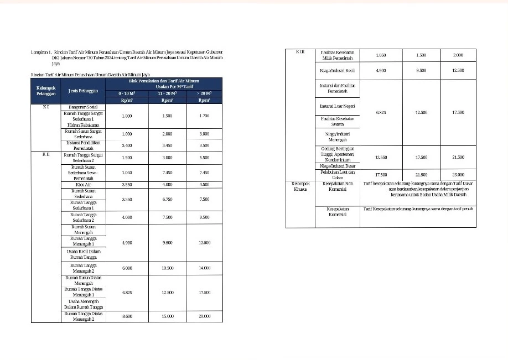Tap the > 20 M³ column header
point(204,93)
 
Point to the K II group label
point(47,155)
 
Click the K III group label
point(300,52)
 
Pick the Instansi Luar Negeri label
point(338,106)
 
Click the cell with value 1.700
point(204,117)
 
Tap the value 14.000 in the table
point(204,268)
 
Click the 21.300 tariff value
point(457,157)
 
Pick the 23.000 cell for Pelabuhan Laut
point(457,175)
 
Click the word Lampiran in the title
point(40,51)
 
